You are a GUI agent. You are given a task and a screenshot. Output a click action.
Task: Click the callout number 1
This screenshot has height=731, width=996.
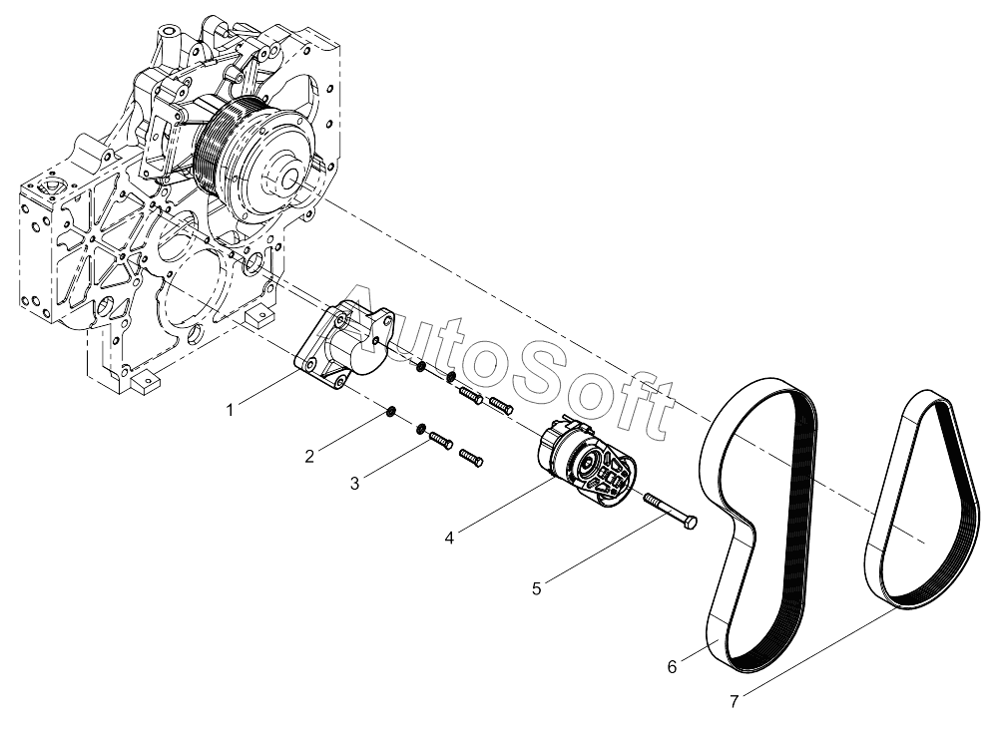point(230,409)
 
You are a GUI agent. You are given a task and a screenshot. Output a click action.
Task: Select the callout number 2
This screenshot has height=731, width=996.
point(309,456)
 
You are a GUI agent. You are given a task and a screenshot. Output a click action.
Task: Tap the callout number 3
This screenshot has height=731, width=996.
point(353,483)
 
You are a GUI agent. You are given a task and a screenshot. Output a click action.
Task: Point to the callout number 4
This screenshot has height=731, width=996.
point(450,538)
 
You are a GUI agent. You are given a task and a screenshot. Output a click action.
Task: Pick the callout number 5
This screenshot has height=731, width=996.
point(536,587)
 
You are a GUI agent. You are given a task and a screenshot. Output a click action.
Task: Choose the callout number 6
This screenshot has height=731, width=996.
point(672,666)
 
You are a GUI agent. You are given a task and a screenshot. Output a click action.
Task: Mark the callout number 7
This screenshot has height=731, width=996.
point(734,701)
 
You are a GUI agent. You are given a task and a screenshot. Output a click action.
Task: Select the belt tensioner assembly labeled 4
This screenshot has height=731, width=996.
point(583,464)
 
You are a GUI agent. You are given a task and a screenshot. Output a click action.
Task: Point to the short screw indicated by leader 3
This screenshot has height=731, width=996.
point(439,440)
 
